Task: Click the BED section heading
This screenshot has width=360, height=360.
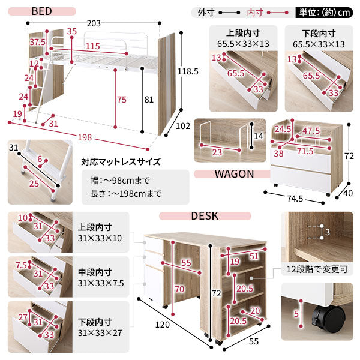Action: click(41, 11)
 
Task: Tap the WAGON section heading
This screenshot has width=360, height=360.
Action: click(234, 174)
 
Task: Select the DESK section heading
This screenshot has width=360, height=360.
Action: click(205, 216)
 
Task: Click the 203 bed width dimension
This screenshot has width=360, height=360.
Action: click(94, 23)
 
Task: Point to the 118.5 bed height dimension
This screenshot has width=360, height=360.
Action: click(188, 71)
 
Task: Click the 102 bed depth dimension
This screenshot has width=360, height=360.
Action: click(183, 126)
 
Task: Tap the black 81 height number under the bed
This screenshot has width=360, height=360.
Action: click(149, 100)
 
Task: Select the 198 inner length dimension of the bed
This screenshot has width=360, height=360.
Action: click(85, 137)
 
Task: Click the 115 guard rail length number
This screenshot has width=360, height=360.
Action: click(93, 46)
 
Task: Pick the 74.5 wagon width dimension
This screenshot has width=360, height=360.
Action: click(295, 199)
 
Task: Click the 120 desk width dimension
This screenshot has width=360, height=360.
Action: click(163, 325)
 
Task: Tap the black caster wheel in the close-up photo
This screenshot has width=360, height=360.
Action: click(328, 315)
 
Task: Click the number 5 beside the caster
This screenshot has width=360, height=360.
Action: click(296, 314)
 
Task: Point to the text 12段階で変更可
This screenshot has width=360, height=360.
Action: click(317, 269)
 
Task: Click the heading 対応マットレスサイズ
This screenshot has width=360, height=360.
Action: click(121, 162)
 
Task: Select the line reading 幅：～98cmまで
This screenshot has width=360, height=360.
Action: click(120, 181)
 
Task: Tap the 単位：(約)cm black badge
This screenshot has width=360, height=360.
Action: click(325, 13)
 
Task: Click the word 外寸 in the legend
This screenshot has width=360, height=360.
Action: click(206, 13)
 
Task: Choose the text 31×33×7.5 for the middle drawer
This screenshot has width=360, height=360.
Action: click(101, 283)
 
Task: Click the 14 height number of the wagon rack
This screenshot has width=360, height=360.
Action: click(258, 136)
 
